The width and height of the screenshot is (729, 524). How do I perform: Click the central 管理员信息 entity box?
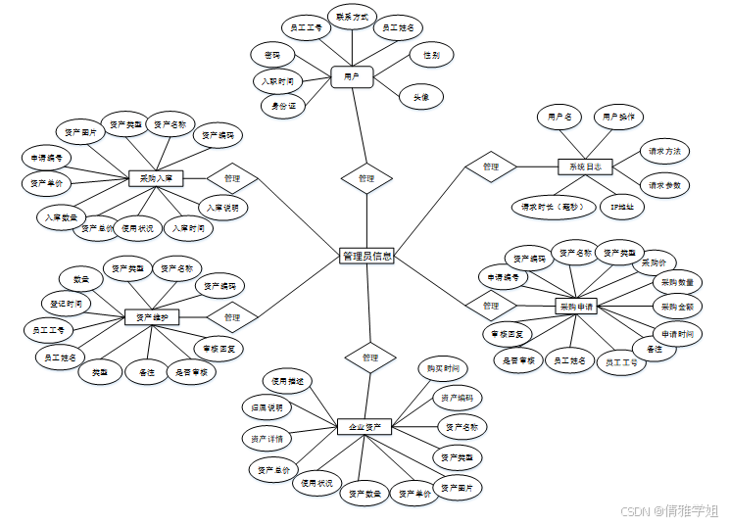point(366,256)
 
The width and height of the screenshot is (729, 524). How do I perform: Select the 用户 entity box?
point(351,75)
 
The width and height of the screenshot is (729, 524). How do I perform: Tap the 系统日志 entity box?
point(585,167)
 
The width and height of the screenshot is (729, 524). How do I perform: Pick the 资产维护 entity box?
point(152,317)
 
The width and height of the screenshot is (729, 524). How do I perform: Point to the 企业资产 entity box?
point(364,427)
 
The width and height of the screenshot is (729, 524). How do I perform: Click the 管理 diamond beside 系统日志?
point(491,167)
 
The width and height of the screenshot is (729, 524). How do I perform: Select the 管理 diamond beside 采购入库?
point(232,178)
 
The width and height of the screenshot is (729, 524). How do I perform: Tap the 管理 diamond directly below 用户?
point(365,178)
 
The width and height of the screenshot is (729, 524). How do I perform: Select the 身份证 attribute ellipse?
point(282,103)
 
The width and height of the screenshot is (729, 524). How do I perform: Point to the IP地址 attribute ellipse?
point(621,207)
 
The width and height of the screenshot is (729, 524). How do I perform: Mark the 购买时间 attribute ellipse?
point(442,368)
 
